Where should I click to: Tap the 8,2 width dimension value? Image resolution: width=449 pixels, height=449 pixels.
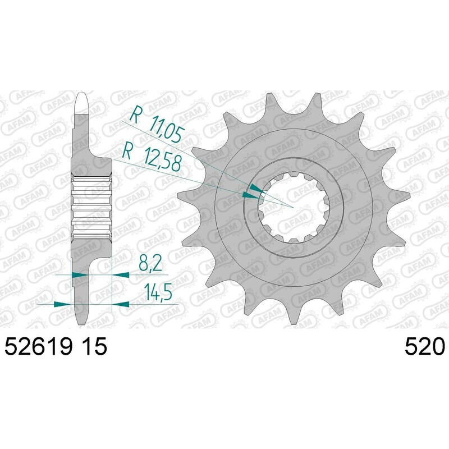point(147,263)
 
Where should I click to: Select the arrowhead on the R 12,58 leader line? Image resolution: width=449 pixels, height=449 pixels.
point(249,196)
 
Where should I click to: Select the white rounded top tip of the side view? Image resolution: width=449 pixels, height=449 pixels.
point(82,101)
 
